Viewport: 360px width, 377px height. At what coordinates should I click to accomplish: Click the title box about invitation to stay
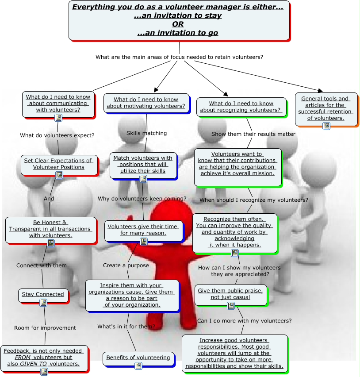point(178,20)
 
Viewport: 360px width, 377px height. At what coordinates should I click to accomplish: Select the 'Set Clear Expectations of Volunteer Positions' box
point(58,165)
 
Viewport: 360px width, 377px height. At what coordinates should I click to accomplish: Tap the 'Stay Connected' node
point(43,295)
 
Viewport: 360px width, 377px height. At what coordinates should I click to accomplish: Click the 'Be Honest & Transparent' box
point(50,229)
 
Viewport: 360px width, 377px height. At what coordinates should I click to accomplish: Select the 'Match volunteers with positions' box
point(143,165)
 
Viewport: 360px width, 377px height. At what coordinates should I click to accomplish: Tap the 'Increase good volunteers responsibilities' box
point(234,353)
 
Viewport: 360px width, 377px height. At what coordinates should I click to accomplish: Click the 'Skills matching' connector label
point(146,133)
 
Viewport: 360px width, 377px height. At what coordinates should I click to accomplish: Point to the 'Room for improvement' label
point(45,328)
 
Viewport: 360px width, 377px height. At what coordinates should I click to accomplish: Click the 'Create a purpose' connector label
point(126,265)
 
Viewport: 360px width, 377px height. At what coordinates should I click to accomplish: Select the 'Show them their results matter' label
point(253,134)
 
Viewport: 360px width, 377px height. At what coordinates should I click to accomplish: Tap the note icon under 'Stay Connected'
point(43,303)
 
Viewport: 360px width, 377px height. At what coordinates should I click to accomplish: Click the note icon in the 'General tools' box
point(326,126)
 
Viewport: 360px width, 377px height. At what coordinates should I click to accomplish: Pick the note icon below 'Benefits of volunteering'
point(138,365)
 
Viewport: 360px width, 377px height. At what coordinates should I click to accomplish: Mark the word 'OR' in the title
point(178,24)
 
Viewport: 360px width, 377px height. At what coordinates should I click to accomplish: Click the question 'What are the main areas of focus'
point(180,57)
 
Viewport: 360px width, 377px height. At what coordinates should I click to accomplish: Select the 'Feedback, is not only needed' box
point(43,358)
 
